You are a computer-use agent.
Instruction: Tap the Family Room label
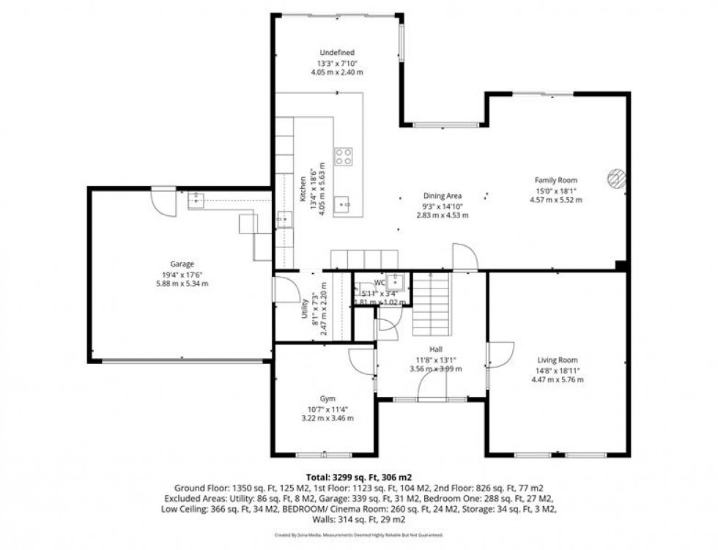(555, 180)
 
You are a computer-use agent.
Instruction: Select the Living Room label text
(558, 360)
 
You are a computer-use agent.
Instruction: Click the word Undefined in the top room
(337, 53)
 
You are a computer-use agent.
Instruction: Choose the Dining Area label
(442, 196)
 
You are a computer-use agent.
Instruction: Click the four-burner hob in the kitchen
(344, 156)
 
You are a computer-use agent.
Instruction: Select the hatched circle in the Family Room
(616, 179)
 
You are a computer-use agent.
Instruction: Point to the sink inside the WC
(397, 281)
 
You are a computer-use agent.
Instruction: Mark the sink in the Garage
(196, 199)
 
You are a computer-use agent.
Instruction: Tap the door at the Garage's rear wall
(165, 201)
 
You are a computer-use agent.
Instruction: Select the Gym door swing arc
(362, 362)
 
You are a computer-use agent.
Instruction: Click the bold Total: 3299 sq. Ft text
(358, 477)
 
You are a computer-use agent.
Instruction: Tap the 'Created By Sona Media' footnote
(358, 535)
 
